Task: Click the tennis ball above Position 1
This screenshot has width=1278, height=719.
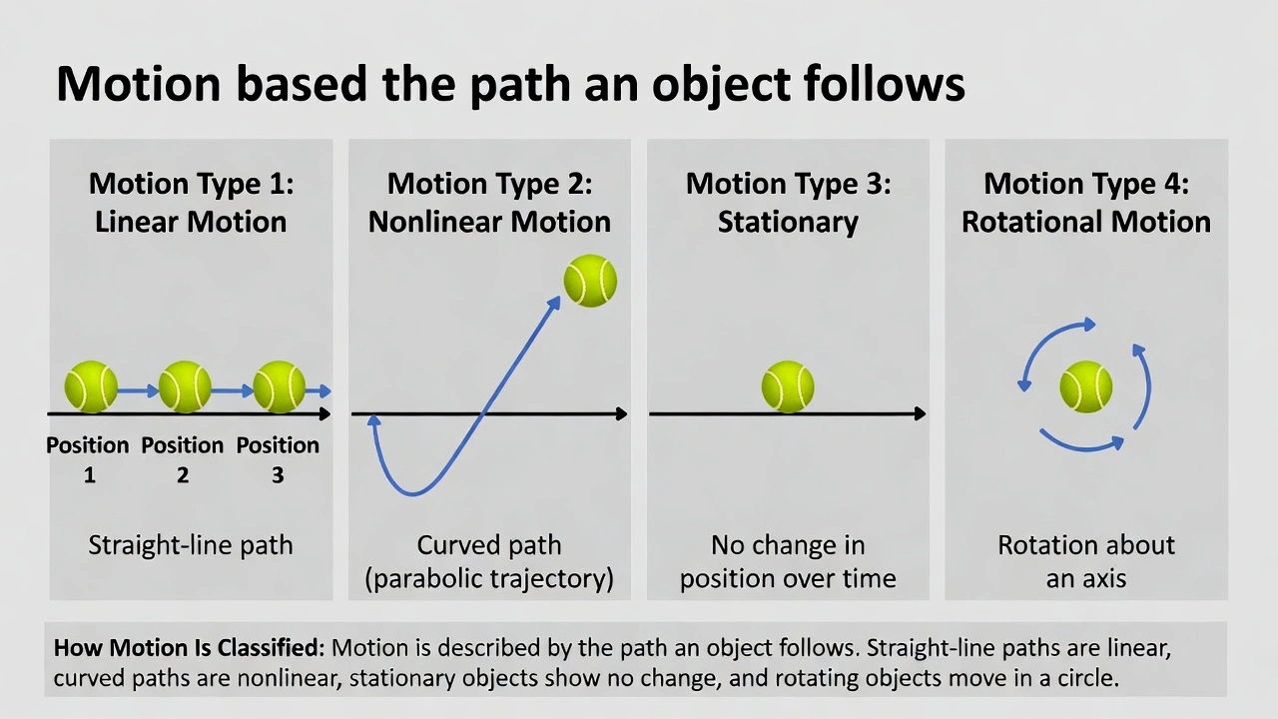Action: pyautogui.click(x=91, y=386)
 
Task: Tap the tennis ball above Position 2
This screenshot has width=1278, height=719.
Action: pyautogui.click(x=185, y=386)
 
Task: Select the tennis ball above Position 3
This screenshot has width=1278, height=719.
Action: pyautogui.click(x=279, y=386)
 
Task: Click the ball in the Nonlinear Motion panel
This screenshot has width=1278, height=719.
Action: pyautogui.click(x=590, y=281)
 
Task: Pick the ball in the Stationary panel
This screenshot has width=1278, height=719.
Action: pyautogui.click(x=788, y=386)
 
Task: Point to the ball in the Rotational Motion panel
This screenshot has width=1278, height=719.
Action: pyautogui.click(x=1086, y=386)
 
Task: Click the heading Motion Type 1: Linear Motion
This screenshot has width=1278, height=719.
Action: pyautogui.click(x=191, y=203)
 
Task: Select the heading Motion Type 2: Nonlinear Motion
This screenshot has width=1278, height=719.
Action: pyautogui.click(x=489, y=203)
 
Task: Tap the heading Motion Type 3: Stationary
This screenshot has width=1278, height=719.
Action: pyautogui.click(x=788, y=203)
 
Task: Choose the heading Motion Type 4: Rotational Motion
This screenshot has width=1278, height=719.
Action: pyautogui.click(x=1086, y=203)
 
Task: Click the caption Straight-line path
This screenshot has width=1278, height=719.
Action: pyautogui.click(x=191, y=545)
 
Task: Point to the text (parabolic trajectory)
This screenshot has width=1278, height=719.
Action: pyautogui.click(x=489, y=578)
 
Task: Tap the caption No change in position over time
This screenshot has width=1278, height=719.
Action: pyautogui.click(x=788, y=561)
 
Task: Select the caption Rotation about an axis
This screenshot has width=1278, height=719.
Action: pyautogui.click(x=1086, y=561)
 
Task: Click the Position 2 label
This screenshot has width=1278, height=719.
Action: pyautogui.click(x=183, y=459)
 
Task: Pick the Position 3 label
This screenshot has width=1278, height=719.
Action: pyautogui.click(x=278, y=459)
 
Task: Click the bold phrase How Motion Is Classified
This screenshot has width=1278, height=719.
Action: pyautogui.click(x=189, y=647)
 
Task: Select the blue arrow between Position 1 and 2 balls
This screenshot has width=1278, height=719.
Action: pyautogui.click(x=138, y=390)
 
